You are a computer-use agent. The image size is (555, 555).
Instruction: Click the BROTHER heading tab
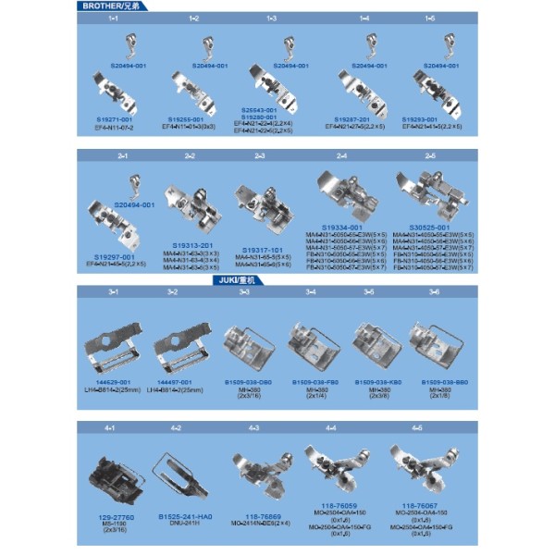coord(109,6)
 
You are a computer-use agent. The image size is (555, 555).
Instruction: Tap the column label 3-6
coord(434,291)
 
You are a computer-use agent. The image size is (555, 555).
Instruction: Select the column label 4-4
coord(331,428)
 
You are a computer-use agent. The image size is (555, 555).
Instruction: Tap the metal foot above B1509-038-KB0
coord(377,343)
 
